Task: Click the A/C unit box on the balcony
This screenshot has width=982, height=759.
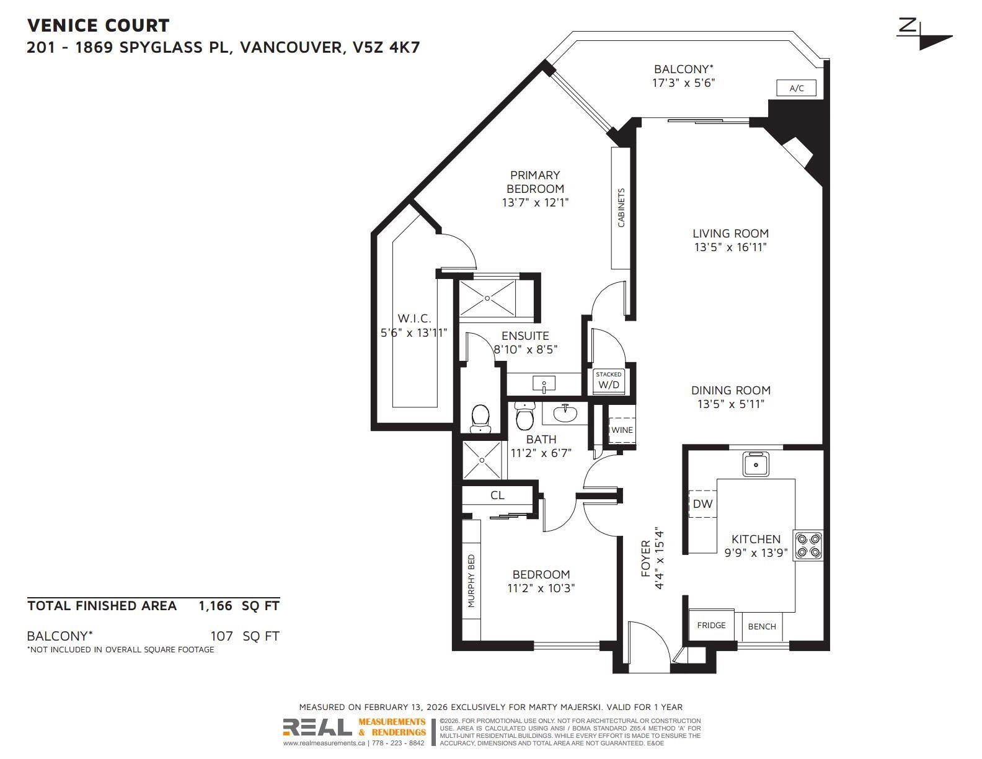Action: [x=796, y=87]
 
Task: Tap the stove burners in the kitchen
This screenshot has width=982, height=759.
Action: [x=808, y=546]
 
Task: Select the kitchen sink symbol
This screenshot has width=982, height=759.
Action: [x=756, y=464]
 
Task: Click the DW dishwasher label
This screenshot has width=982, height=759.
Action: [x=703, y=504]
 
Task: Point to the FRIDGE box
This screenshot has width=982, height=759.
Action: [x=711, y=625]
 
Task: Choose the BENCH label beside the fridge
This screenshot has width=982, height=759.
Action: [x=762, y=626]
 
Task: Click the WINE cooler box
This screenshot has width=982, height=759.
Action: [x=621, y=430]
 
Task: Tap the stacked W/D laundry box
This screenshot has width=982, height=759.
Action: [x=609, y=381]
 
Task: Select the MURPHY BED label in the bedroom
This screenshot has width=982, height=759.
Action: [x=471, y=580]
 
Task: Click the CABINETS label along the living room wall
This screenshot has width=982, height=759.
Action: [x=621, y=208]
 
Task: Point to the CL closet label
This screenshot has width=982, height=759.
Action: [x=497, y=495]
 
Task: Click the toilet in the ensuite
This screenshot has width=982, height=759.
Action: [x=480, y=418]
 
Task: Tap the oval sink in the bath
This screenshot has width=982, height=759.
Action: [x=565, y=414]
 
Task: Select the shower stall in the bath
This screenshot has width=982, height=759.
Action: [x=482, y=460]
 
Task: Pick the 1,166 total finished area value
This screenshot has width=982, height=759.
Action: [x=215, y=606]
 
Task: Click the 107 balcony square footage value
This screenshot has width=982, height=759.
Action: [x=221, y=636]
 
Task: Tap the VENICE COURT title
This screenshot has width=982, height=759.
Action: [x=98, y=25]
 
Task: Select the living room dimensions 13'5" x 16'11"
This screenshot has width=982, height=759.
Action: [x=731, y=247]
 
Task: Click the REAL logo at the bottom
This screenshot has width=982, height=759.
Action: [x=317, y=727]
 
